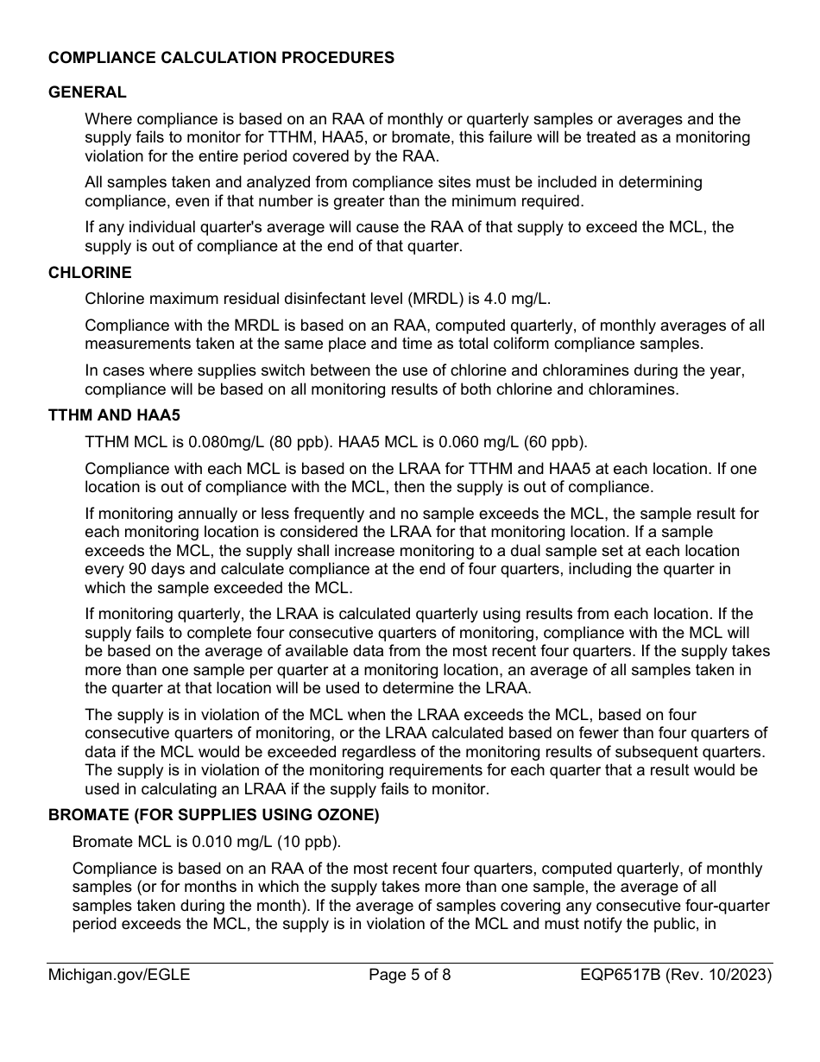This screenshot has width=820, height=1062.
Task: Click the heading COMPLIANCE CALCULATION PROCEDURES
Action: pos(221,58)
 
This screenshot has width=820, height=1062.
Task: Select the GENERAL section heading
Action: pos(87,92)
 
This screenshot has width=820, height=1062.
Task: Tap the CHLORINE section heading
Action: pos(90,273)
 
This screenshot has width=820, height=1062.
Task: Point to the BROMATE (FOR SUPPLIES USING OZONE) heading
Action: pos(213,815)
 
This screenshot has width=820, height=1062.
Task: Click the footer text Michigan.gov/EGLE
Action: pos(119,977)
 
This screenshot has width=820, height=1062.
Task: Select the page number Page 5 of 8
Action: pos(409,977)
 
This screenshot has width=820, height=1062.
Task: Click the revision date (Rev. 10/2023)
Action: pos(725,977)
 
